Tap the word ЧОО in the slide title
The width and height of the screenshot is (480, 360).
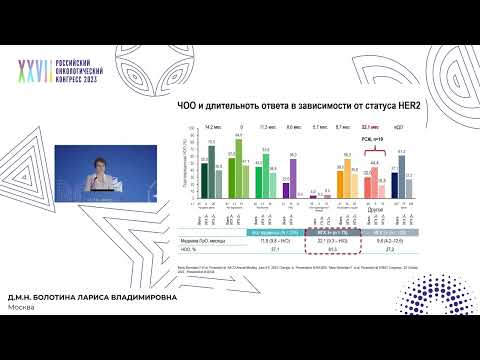pos(185,106)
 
